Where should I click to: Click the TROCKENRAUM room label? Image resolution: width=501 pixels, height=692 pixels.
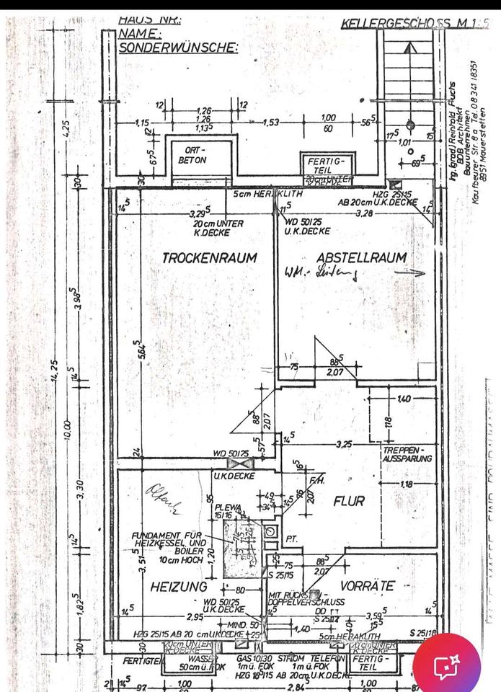[x=209, y=257]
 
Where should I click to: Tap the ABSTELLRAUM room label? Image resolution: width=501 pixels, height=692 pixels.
[x=361, y=257]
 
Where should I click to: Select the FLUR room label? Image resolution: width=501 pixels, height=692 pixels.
[x=348, y=500]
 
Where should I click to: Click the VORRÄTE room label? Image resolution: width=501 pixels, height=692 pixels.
[x=368, y=586]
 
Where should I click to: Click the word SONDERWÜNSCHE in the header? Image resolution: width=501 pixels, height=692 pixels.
[x=177, y=48]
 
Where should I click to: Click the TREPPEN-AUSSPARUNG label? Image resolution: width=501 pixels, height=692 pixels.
[x=407, y=454]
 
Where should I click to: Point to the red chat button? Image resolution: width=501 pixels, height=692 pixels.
[x=447, y=665]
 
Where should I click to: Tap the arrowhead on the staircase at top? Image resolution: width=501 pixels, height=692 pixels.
[x=409, y=48]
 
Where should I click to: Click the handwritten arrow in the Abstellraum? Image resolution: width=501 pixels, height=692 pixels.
[x=415, y=273]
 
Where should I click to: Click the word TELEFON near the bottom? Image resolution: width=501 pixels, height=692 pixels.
[x=332, y=658]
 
